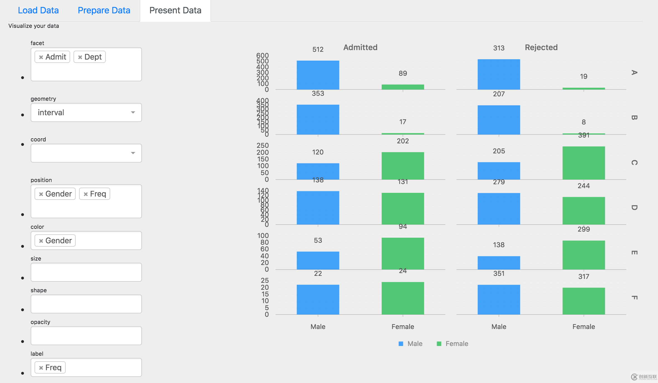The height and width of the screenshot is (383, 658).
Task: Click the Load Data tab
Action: click(x=38, y=10)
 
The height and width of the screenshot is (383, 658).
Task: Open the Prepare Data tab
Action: click(x=104, y=10)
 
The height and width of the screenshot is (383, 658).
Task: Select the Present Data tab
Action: click(x=175, y=10)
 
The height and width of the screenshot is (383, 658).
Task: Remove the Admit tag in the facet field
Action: click(x=41, y=57)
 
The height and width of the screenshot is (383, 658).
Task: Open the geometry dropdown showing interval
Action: click(x=86, y=112)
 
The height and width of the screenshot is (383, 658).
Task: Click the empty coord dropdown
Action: click(x=86, y=153)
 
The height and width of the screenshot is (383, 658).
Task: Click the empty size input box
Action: click(x=86, y=272)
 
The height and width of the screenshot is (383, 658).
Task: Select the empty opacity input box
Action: click(x=86, y=336)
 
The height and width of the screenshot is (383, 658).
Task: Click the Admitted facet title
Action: click(x=360, y=47)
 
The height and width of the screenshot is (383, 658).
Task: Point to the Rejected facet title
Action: click(x=541, y=47)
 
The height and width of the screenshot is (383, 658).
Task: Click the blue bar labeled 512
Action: click(x=318, y=75)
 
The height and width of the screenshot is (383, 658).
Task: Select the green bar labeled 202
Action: click(x=403, y=166)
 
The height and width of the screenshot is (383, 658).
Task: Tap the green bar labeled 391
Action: click(x=584, y=163)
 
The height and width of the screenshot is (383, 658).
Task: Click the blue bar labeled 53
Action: click(x=318, y=261)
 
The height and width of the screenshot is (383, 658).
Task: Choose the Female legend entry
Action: click(x=453, y=344)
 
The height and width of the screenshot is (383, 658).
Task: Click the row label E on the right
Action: click(x=634, y=252)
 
